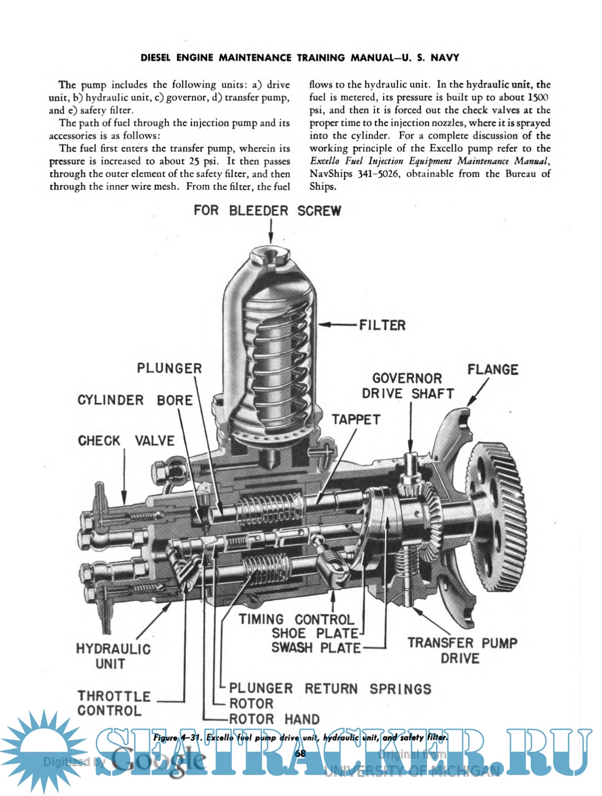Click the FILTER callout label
pos(382,325)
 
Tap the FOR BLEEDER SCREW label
pos(267,211)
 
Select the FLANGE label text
pos(493,370)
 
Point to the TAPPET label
pos(356,420)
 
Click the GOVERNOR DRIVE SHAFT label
pos(408,386)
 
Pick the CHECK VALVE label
pos(126,441)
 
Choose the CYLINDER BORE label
pos(135,401)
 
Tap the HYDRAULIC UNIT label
pos(113,657)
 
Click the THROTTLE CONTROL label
pos(113,703)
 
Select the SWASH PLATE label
pos(316,648)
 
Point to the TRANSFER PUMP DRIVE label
pos(462,650)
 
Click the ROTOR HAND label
pos(274,719)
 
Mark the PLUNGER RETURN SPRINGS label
pos(330,689)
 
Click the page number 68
pos(300,753)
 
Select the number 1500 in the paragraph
pos(538,98)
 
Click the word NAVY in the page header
pos(445,58)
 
